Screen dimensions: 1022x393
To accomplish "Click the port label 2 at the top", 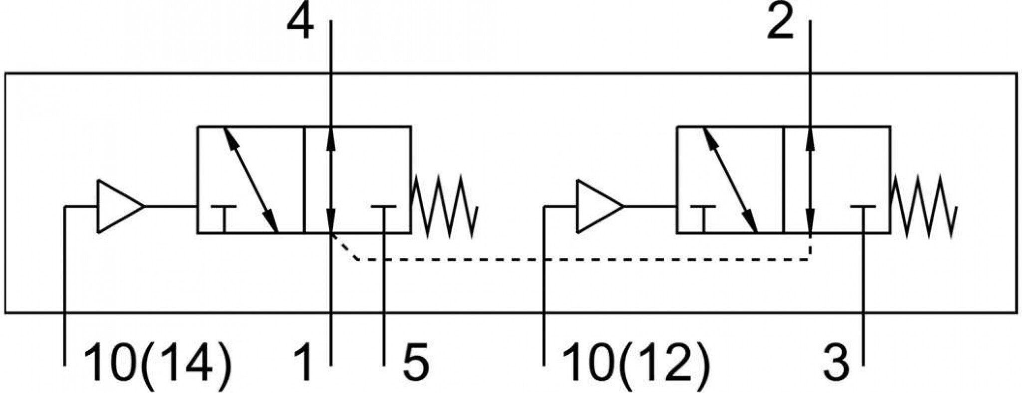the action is [x=780, y=23].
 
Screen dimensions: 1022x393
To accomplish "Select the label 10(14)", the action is [x=158, y=365].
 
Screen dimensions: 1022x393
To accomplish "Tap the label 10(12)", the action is [x=636, y=365].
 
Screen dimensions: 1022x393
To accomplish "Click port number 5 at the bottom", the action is [x=415, y=365].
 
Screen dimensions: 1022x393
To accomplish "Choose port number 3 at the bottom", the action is [x=836, y=365].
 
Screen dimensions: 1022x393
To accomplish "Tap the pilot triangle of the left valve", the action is [x=120, y=206].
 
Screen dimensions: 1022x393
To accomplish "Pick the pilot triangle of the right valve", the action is [x=599, y=206].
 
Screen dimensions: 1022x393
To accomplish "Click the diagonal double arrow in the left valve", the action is [x=251, y=180].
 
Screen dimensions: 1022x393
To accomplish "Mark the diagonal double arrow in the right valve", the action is [x=730, y=180].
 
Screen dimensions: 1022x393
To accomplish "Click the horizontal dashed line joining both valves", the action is [x=584, y=260].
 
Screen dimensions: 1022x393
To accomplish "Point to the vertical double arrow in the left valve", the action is [x=330, y=180].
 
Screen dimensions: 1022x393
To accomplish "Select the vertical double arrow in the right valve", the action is [x=810, y=180].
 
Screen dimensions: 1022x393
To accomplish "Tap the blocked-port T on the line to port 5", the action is [x=384, y=206].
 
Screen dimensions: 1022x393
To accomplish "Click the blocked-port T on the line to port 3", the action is [x=863, y=206].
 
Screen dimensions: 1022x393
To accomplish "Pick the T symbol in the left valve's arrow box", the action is [x=224, y=206].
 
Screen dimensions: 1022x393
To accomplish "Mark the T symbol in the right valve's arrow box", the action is [x=703, y=206].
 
